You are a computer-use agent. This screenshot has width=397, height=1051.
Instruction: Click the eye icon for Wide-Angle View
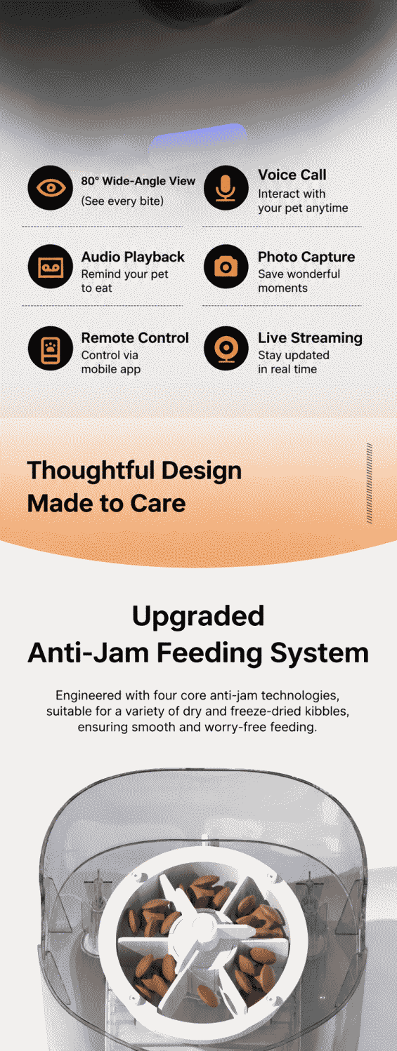coord(51,188)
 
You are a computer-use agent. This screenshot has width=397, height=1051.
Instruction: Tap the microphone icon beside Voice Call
coord(226,188)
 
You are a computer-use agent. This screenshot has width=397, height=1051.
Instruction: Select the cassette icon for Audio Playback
coord(51,267)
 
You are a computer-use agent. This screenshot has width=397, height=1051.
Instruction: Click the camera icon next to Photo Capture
coord(226,267)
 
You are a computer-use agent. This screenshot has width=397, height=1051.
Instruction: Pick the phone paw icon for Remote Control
coord(51,349)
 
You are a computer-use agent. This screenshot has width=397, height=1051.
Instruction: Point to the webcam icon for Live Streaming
coord(226,349)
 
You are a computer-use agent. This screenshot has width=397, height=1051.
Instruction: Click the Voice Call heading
coord(292,175)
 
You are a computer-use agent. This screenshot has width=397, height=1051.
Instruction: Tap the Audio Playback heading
coord(133,257)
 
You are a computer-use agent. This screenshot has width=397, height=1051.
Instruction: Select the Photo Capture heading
coord(306,257)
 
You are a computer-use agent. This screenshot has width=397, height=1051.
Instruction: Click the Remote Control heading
coord(135,338)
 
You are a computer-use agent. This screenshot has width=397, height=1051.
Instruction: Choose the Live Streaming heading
coord(310,338)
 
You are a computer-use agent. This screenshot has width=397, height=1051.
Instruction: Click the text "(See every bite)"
coord(122,201)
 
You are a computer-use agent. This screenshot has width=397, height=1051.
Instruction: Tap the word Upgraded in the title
coord(198,615)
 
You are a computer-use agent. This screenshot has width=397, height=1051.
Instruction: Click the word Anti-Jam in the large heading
coord(89,652)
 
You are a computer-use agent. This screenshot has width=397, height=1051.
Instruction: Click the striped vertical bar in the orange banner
coord(370,483)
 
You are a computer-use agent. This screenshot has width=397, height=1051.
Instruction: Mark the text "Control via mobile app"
coord(111,362)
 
